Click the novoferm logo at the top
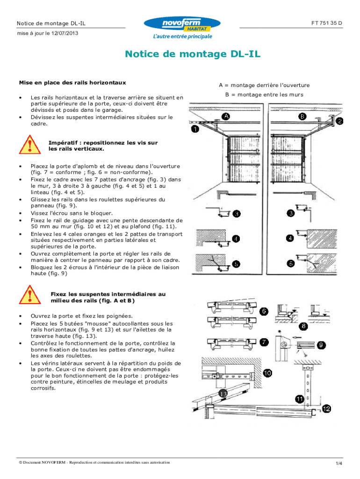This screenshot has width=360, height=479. click(182, 24)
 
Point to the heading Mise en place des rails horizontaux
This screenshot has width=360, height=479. click(72, 83)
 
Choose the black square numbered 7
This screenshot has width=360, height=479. click(264, 342)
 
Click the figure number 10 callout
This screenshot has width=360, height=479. click(267, 373)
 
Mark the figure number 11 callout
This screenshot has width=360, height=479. click(299, 399)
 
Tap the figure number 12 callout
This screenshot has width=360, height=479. click(326, 409)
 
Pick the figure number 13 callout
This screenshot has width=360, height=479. click(222, 394)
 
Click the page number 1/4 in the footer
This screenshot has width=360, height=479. click(338, 464)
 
